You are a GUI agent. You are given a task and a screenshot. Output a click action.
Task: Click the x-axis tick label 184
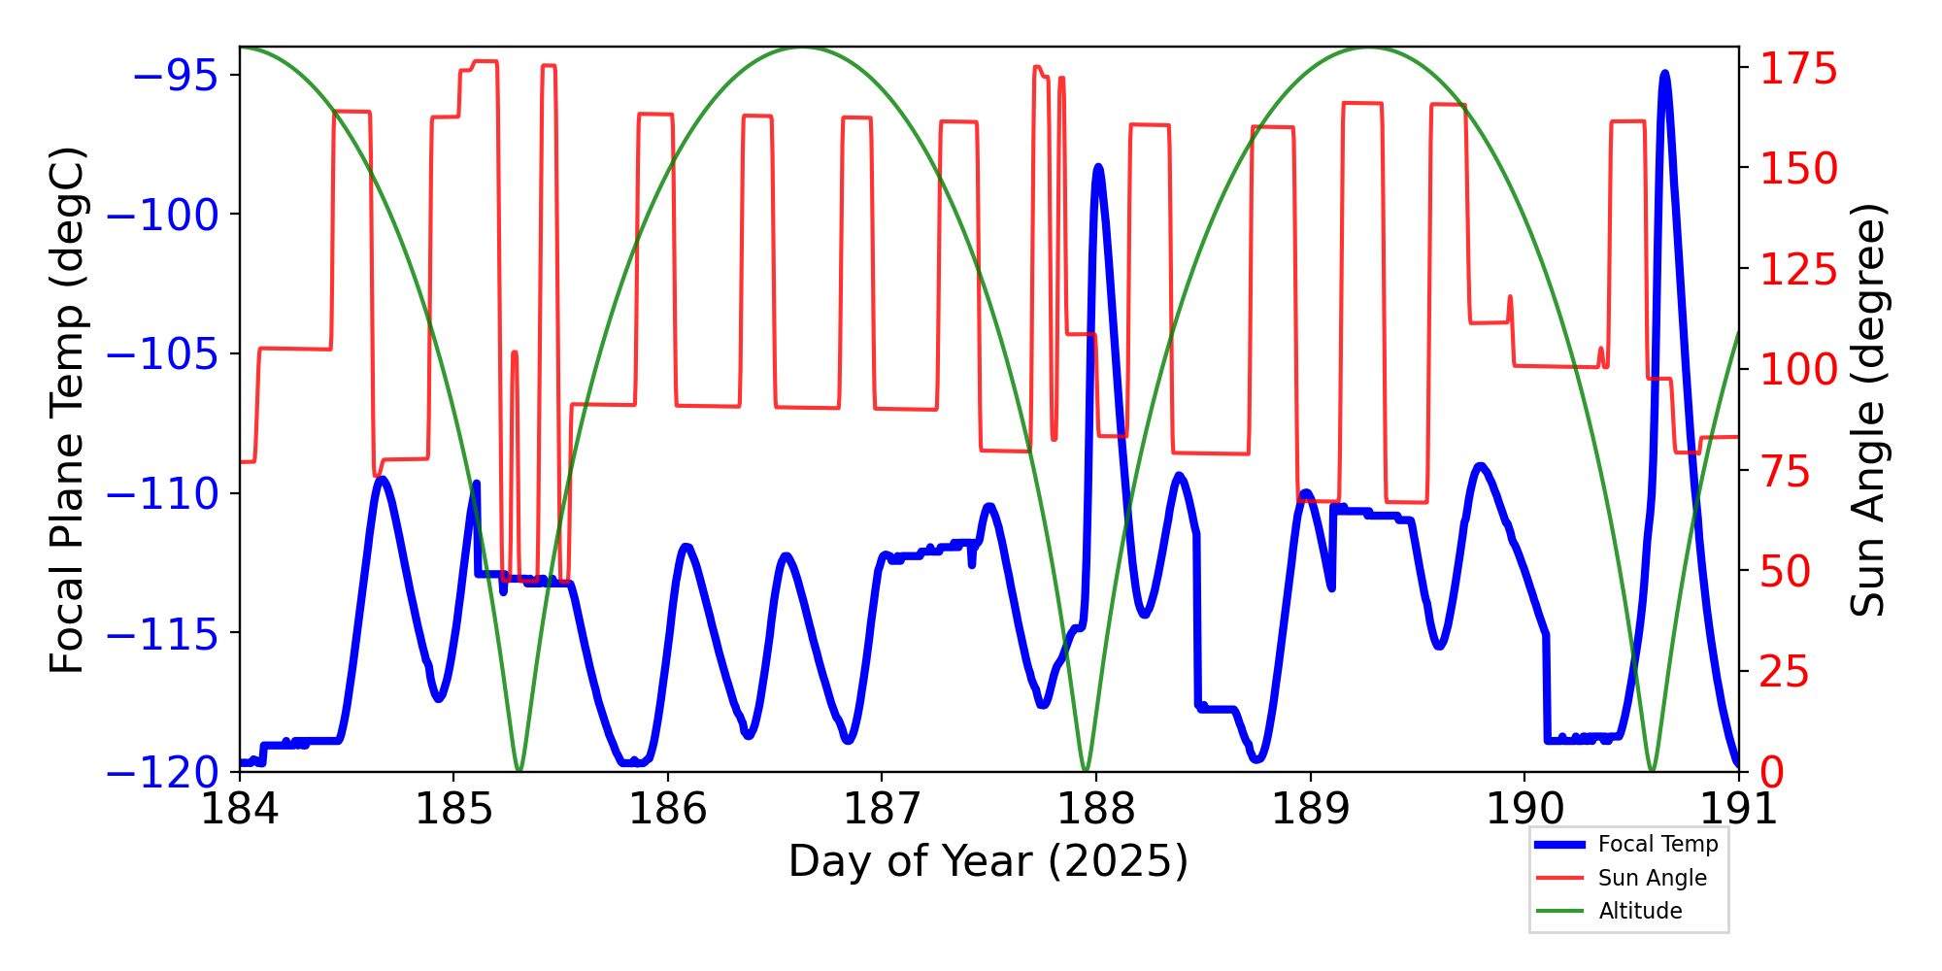239,809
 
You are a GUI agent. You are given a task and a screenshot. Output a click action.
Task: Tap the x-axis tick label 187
882,809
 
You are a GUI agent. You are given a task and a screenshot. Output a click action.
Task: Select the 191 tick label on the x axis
1738,809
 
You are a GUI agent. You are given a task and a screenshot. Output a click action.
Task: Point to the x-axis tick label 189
1310,809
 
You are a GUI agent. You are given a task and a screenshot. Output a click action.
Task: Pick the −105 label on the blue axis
162,354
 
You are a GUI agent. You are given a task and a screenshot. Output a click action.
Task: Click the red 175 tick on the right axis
1799,70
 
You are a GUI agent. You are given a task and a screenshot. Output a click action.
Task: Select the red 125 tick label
1799,270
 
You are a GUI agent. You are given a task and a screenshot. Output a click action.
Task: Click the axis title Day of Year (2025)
988,861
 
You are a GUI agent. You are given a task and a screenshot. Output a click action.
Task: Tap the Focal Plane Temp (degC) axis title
68,410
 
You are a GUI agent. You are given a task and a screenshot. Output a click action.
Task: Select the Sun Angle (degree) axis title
1866,410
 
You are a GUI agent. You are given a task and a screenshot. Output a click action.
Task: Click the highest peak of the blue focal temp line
1664,74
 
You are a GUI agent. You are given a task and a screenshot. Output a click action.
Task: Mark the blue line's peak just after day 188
1098,167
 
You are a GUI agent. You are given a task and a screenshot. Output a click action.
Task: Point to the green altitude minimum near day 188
1086,770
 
